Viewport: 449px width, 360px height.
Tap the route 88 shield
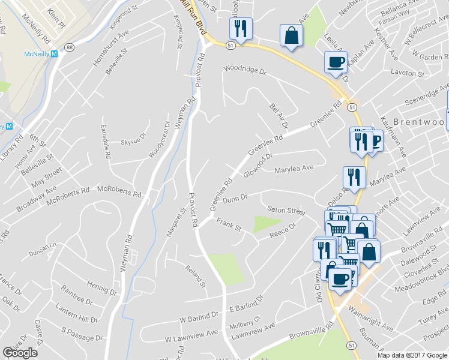(70, 47)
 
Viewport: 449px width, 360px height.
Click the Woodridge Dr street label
(244, 70)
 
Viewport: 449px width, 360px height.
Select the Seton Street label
(286, 211)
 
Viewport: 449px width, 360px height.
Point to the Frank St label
(229, 227)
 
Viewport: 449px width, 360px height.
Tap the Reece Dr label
(283, 230)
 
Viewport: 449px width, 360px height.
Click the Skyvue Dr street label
(134, 142)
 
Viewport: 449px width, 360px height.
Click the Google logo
(20, 353)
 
